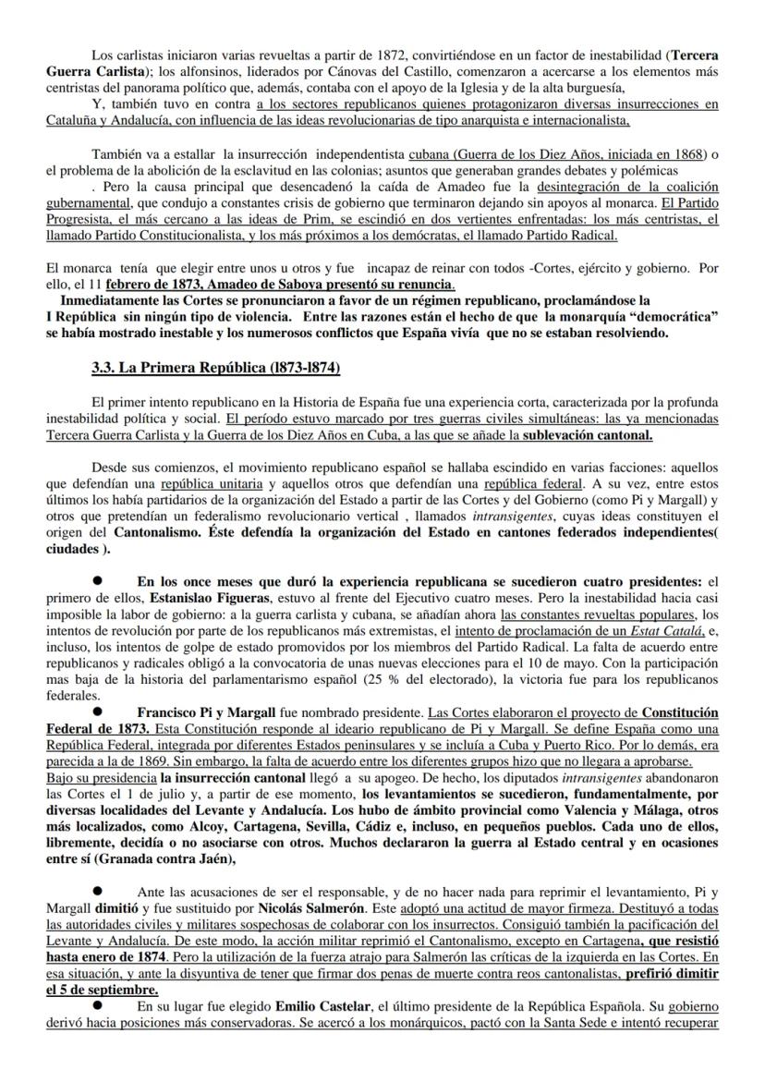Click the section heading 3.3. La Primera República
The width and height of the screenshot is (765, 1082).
coord(215,369)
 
